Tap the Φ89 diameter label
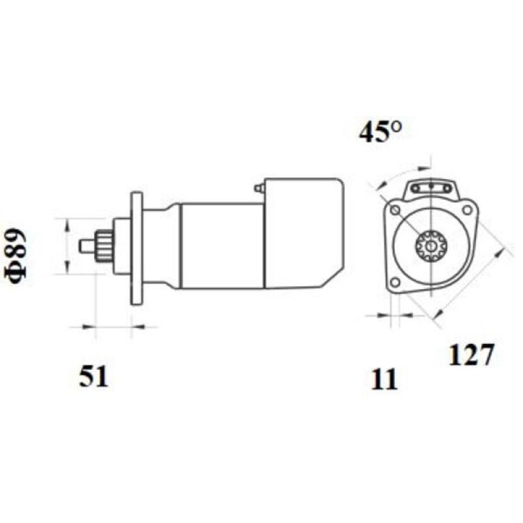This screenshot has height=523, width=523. tap(18, 256)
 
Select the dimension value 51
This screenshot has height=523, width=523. tap(93, 377)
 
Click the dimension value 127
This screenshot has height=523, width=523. tap(469, 355)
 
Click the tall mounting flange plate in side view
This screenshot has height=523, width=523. tap(137, 248)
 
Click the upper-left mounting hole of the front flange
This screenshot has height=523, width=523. tap(394, 209)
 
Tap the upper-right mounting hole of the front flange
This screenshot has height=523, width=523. tap(467, 209)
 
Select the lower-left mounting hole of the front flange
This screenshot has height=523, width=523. tap(394, 282)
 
